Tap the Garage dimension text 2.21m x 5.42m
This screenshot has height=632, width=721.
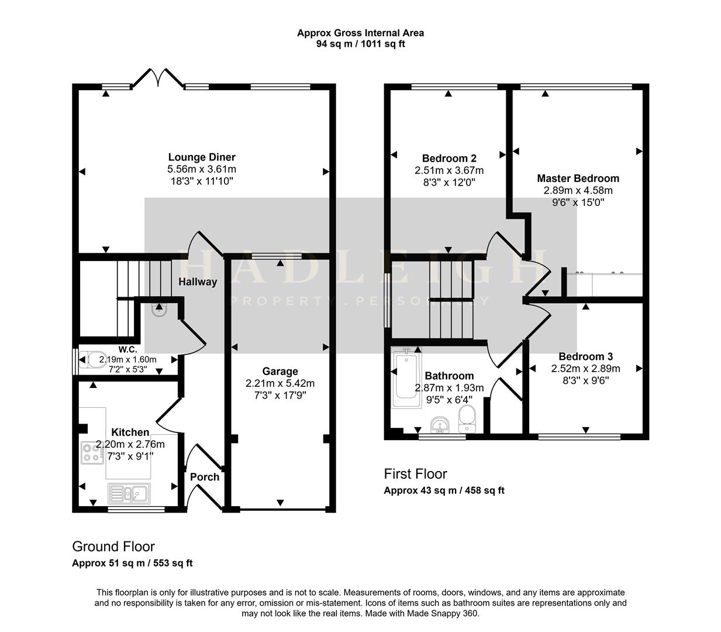(280, 383)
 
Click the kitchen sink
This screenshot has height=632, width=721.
(129, 493)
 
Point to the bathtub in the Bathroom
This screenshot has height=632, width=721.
(405, 379)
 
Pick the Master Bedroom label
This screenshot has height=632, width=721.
(578, 178)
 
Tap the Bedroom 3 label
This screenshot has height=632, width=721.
(585, 356)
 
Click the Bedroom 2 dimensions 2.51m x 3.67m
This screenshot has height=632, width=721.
(449, 170)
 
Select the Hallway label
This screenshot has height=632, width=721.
(198, 282)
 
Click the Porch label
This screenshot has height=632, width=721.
(205, 477)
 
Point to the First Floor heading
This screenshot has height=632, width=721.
(415, 473)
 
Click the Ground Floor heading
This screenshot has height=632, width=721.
(113, 547)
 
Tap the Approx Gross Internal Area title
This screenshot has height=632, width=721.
(360, 33)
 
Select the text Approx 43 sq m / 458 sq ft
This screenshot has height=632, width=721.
(444, 490)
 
